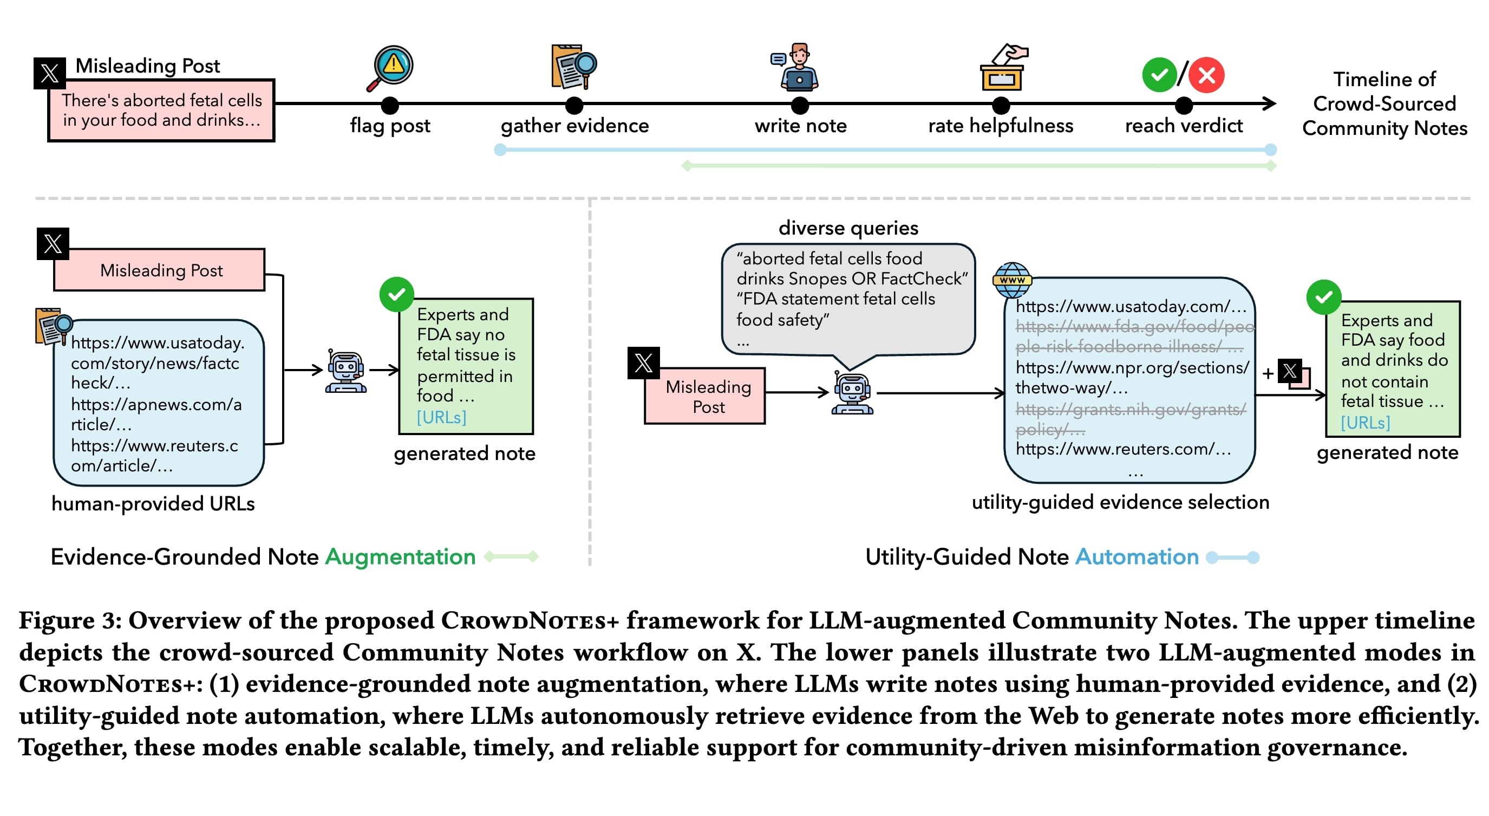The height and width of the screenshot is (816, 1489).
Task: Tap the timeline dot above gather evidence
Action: coord(574,105)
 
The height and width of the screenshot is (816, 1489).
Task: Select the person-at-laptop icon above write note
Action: coord(798,67)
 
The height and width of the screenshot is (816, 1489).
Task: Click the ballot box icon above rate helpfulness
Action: coord(1003,68)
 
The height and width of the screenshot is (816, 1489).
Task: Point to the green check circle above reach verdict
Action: coord(1159,75)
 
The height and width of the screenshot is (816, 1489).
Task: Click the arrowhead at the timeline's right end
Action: coord(1269,104)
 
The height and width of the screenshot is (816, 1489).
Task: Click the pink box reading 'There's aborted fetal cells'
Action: coord(161,110)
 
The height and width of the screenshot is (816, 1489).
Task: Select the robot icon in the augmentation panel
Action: coord(345,371)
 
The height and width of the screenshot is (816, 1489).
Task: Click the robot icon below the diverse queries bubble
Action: coord(852,393)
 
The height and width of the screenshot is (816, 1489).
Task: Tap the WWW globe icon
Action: coord(1011,280)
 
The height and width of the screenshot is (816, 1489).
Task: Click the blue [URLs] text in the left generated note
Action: coord(442,417)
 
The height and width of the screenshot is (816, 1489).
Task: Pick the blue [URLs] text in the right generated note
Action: coord(1366,423)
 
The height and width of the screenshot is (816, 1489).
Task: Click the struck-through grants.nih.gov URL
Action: coord(1130,419)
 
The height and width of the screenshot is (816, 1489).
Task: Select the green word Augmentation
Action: coord(400,556)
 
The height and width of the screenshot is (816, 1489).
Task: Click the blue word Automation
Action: coord(1137,556)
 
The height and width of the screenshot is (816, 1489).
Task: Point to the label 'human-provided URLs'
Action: coord(153,503)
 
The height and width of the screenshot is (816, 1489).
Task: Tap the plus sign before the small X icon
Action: coord(1268,373)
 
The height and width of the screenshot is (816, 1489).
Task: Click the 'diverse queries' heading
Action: coord(848,228)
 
